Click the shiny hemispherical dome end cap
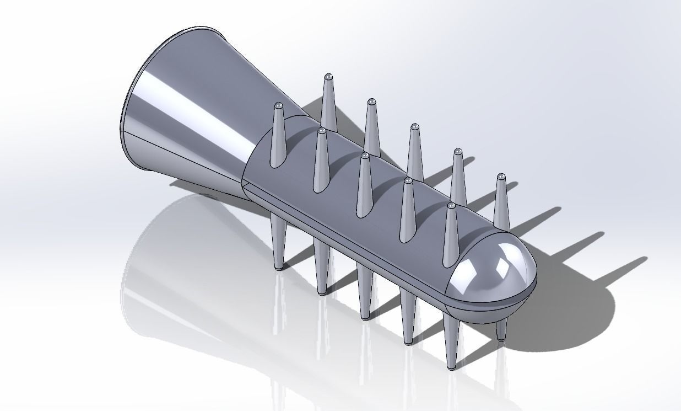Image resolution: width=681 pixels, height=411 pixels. (493, 270)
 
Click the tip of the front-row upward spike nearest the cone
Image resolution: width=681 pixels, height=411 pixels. (279, 105)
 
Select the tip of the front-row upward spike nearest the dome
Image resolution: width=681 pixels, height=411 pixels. (451, 206)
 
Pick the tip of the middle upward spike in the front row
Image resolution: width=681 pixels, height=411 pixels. (365, 156)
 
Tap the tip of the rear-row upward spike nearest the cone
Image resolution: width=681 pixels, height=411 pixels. (329, 76)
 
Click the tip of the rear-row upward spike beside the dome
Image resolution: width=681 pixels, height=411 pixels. (501, 177)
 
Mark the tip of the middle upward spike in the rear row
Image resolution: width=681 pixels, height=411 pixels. (414, 127)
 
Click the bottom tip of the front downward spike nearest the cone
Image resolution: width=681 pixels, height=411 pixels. (279, 268)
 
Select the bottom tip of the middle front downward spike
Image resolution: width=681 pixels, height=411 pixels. (365, 317)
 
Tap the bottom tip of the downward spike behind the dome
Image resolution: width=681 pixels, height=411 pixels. (501, 338)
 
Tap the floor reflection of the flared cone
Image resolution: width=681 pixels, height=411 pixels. (176, 259)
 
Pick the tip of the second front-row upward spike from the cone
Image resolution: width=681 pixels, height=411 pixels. (322, 131)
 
